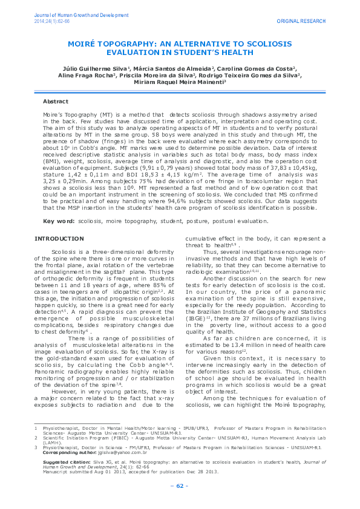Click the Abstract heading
72,102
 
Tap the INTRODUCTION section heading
57,222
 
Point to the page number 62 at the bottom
180,487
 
